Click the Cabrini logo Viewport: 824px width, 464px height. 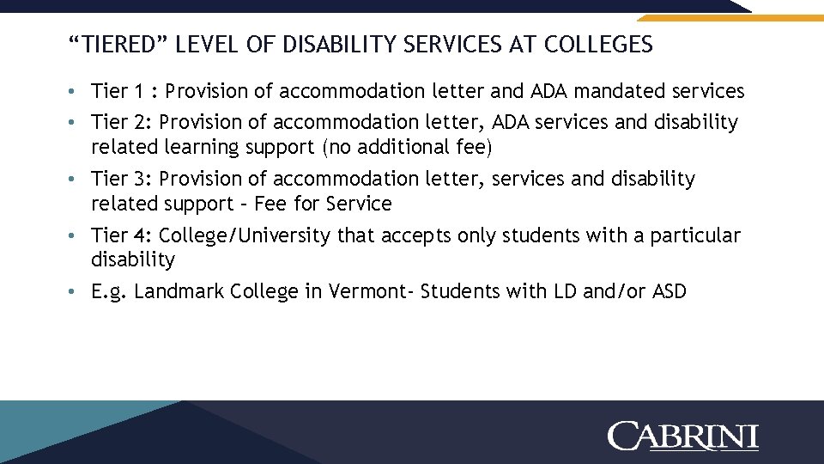pyautogui.click(x=683, y=436)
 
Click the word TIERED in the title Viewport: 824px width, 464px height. pyautogui.click(x=114, y=45)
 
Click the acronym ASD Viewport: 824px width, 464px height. pyautogui.click(x=669, y=291)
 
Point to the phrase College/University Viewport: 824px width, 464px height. pyautogui.click(x=245, y=235)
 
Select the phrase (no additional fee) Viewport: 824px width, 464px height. pyautogui.click(x=408, y=148)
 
